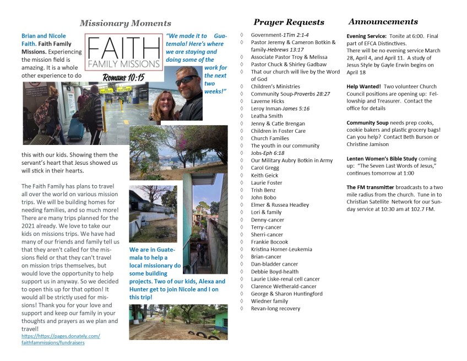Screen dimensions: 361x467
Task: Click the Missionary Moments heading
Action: (125, 23)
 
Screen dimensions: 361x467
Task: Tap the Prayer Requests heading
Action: (289, 23)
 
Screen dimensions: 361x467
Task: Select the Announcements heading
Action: (383, 22)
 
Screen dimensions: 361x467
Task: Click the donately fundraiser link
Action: (61, 339)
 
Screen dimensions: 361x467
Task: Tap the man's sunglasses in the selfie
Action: (187, 80)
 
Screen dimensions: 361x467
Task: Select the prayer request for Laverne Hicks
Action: (267, 101)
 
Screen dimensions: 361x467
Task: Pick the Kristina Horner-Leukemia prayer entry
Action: (281, 249)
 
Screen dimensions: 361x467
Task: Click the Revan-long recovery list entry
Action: (275, 309)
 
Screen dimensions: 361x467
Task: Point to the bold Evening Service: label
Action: (367, 36)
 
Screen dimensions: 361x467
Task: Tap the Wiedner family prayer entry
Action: (269, 301)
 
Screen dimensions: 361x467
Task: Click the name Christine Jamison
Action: (368, 144)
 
